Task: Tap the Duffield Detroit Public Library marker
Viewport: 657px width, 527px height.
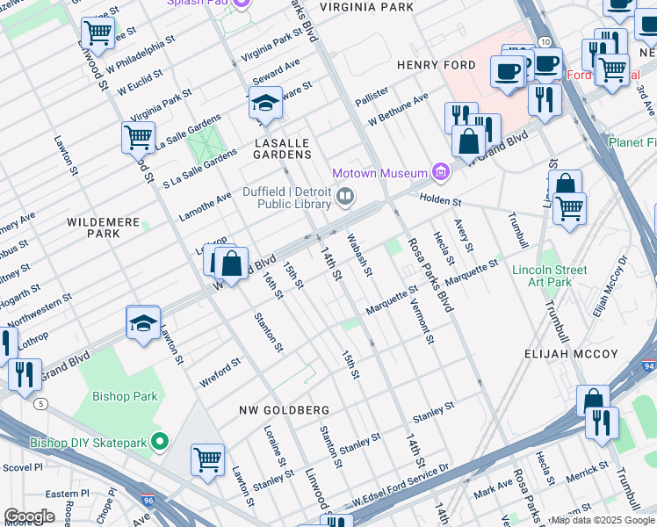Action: coord(346,197)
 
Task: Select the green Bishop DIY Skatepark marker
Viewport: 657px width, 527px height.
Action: coord(159,441)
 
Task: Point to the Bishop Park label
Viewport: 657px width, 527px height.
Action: coord(128,396)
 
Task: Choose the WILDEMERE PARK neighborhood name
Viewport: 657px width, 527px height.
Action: coord(103,228)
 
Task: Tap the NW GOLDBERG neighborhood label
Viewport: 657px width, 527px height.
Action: coord(284,410)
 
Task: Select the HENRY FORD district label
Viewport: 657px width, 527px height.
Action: coord(436,65)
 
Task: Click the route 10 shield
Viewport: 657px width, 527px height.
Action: coord(545,42)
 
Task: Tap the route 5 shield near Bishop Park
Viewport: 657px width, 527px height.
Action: coord(41,403)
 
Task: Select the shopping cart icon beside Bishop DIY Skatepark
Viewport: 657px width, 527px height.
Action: coord(207,458)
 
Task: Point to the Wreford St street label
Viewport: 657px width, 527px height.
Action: coord(220,365)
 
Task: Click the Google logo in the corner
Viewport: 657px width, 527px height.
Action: coord(29,516)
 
